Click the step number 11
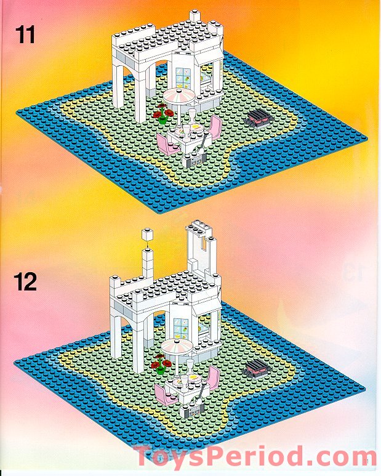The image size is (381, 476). pos(25,35)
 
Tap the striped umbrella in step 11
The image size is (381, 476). pos(178,98)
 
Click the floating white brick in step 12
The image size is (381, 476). pos(146,235)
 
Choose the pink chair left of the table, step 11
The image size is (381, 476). pos(166,143)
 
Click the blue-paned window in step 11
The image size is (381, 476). pos(183,78)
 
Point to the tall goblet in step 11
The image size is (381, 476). pos(193,117)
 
